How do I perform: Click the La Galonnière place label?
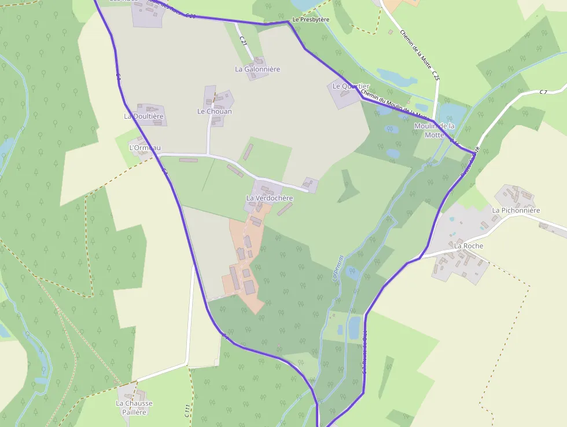257,69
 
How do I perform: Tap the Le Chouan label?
215,111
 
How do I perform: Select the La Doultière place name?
144,116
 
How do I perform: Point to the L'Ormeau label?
145,148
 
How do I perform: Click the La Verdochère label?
270,198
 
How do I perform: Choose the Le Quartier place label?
351,86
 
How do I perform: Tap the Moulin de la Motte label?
435,130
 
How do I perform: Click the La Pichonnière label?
516,210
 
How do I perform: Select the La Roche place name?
469,246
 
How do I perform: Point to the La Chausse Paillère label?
134,407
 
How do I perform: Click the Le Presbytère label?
311,20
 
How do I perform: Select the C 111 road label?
187,411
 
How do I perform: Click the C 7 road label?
543,92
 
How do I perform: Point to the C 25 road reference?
436,75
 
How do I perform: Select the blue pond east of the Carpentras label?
352,272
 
